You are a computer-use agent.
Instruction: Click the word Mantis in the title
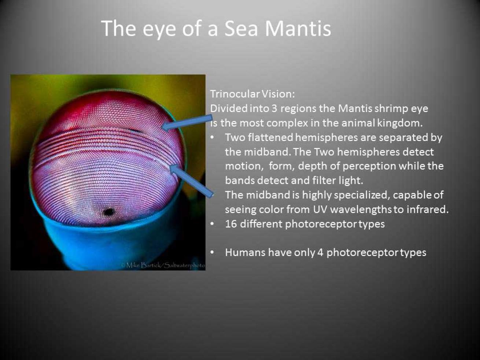(x=298, y=29)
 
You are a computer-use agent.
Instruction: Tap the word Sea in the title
(x=241, y=29)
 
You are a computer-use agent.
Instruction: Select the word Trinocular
(x=235, y=94)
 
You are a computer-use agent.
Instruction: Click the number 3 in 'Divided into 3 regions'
(x=275, y=108)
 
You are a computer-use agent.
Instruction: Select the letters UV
(x=320, y=209)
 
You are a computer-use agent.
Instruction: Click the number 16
(x=231, y=224)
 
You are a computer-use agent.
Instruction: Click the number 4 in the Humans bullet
(x=320, y=253)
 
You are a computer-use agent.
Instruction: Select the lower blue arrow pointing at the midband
(x=192, y=181)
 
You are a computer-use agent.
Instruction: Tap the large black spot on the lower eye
(x=109, y=212)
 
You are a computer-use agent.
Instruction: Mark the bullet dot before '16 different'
(x=212, y=224)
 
